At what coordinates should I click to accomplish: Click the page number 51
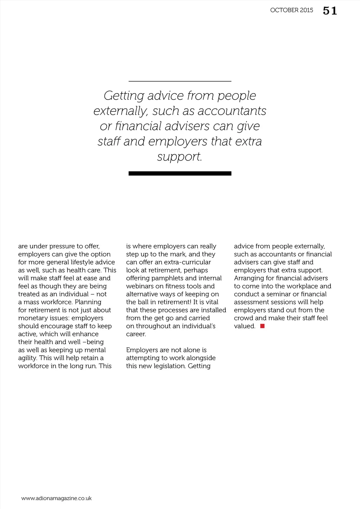(x=330, y=11)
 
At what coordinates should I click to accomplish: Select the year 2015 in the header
(x=307, y=10)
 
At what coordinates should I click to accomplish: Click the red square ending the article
(x=262, y=326)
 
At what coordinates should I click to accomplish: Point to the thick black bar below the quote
(x=180, y=173)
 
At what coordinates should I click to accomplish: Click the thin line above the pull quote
(x=180, y=81)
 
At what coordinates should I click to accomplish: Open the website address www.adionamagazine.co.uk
(x=56, y=498)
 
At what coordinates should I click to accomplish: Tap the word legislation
(x=168, y=366)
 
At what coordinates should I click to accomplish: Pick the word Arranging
(x=249, y=278)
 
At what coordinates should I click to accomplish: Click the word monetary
(x=32, y=318)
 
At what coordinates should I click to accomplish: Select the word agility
(x=27, y=358)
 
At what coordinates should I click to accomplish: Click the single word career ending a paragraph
(x=135, y=334)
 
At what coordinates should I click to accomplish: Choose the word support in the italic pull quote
(x=179, y=157)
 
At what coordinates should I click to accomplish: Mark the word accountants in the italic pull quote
(x=232, y=111)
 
